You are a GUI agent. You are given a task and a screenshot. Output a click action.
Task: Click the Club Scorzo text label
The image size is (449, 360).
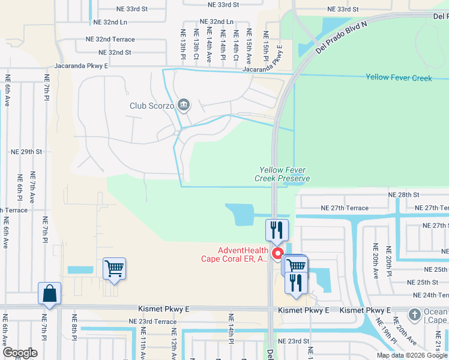point(152,106)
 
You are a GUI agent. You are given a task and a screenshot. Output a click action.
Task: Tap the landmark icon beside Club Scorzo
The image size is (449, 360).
point(184,106)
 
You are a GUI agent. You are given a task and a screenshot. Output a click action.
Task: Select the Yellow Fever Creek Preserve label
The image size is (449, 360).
point(282,174)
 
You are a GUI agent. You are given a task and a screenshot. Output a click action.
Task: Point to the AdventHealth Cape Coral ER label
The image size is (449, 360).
point(234,255)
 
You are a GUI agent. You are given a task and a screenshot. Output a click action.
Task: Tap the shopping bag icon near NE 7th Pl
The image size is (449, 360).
point(49,294)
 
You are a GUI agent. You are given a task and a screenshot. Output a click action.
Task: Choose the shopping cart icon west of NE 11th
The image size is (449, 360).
point(114,269)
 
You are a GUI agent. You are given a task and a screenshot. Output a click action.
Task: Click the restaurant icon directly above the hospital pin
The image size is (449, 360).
point(277,229)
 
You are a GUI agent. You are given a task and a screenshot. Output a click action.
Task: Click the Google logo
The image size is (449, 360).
point(19,353)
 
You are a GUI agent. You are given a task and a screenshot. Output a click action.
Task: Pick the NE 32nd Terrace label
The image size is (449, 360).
point(110,39)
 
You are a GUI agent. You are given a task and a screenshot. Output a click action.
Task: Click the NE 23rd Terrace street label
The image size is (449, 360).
point(152,322)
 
